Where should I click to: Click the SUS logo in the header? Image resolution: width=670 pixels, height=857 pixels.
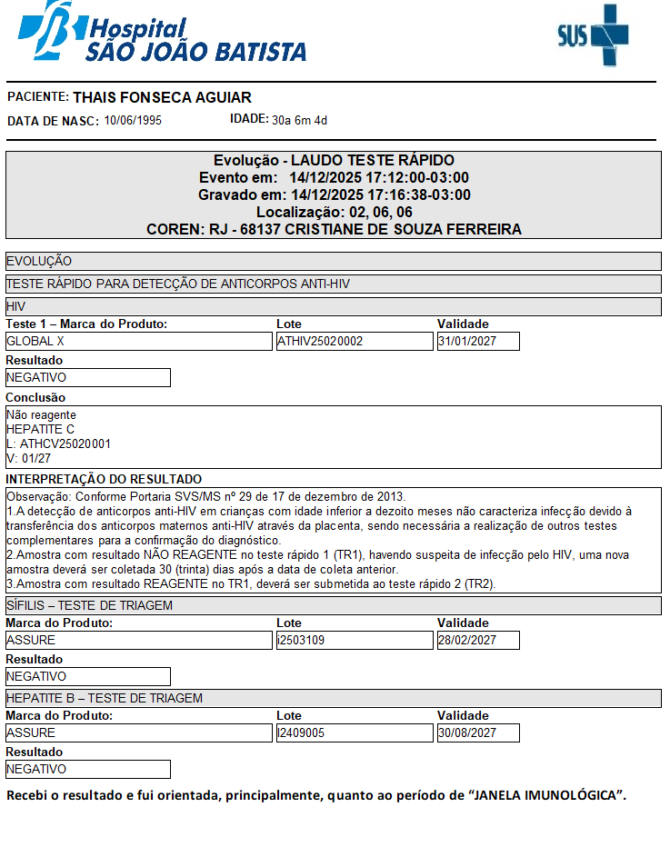tap(593, 35)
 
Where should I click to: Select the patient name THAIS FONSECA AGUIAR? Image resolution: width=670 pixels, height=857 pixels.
tap(162, 97)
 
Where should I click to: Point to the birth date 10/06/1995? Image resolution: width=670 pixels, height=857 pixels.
tap(133, 120)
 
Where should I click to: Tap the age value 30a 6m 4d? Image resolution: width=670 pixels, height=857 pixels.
tap(299, 120)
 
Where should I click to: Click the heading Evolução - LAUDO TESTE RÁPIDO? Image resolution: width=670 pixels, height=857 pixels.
tap(334, 161)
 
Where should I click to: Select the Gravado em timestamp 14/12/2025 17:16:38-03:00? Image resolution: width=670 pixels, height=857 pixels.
tap(380, 195)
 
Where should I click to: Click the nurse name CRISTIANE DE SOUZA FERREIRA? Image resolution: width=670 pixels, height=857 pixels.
tap(403, 230)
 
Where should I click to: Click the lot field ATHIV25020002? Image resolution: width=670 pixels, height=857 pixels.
tap(355, 342)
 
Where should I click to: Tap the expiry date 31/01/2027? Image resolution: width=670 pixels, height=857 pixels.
tap(478, 342)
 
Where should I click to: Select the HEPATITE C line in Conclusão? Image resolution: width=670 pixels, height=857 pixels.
tap(40, 429)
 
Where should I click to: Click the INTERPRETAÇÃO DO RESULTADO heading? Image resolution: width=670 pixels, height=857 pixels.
tap(104, 479)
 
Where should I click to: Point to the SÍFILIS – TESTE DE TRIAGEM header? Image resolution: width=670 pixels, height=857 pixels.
tap(89, 605)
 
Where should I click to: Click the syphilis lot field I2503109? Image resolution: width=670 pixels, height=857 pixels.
tap(355, 641)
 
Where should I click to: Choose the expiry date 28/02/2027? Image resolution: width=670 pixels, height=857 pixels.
tap(478, 641)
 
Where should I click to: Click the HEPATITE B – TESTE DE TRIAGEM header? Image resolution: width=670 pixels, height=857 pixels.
tap(104, 698)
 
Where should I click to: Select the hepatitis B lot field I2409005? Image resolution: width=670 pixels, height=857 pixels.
tap(355, 732)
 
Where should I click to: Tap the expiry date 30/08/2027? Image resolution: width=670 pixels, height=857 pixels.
tap(478, 732)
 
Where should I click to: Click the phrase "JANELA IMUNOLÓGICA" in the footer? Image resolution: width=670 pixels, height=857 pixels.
tap(545, 796)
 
